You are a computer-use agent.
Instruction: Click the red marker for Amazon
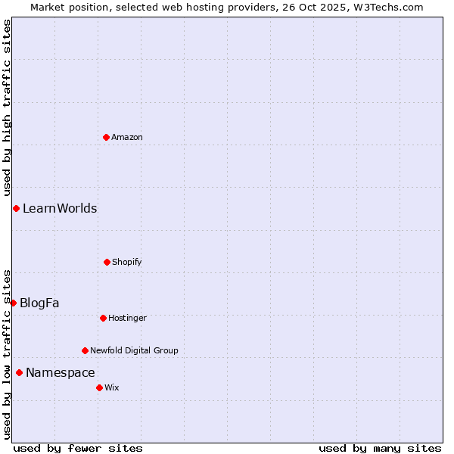pos(107,137)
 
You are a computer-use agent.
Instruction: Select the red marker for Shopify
pos(107,262)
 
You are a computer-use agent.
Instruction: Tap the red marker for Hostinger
pos(103,318)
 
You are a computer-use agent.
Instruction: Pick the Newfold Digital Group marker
pos(85,350)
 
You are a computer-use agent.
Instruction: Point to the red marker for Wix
pos(99,387)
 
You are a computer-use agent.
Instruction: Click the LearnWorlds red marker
pos(16,208)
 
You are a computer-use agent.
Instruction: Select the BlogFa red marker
pos(13,303)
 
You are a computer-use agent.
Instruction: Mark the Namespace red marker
pos(19,372)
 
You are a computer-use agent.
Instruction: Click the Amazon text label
pos(127,137)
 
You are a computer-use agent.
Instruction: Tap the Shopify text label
pos(127,262)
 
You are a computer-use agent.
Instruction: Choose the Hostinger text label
pos(127,318)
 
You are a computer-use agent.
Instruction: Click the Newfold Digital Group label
pos(135,350)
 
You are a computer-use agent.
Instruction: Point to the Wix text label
pos(112,387)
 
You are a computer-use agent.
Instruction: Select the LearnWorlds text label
pos(60,208)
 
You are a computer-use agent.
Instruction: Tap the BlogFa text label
pos(39,303)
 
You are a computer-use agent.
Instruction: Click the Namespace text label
pos(61,372)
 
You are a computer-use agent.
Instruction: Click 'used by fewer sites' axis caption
pos(78,448)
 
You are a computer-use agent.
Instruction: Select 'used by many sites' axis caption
pos(380,448)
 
